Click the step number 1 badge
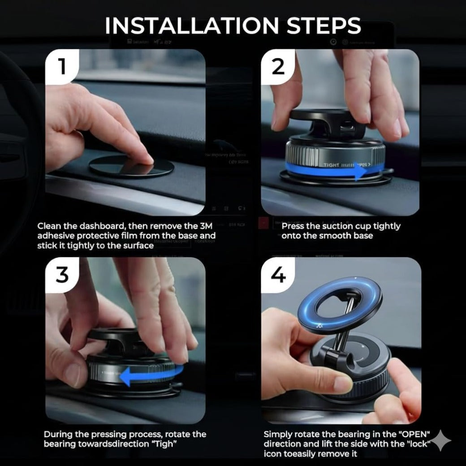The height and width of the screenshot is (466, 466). pyautogui.click(x=62, y=67)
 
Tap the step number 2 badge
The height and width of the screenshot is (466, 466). pyautogui.click(x=278, y=67)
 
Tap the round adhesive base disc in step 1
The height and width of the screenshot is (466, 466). pyautogui.click(x=131, y=167)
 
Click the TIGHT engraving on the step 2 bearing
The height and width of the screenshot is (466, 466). pyautogui.click(x=332, y=165)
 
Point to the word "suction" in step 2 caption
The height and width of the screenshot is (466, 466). pyautogui.click(x=331, y=226)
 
